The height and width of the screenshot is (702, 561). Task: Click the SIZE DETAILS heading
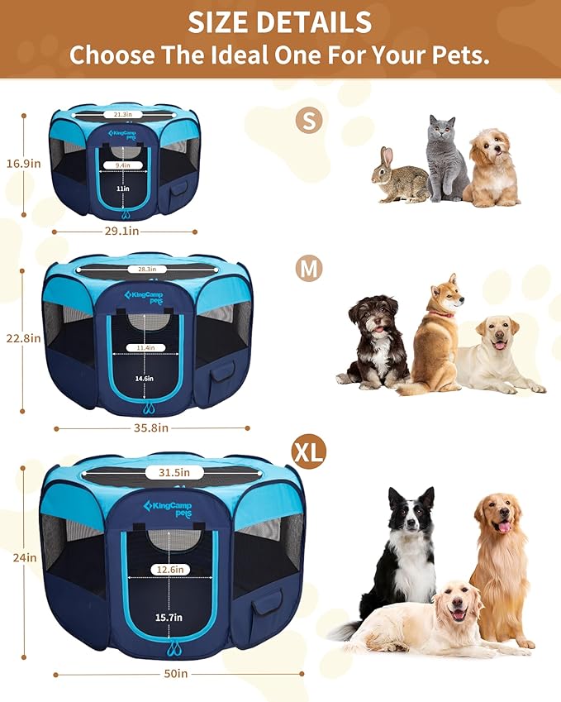click(x=280, y=21)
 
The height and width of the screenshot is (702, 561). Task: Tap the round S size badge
click(x=309, y=121)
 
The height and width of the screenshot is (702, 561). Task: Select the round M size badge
click(x=309, y=269)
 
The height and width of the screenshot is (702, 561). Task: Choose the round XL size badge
click(x=308, y=451)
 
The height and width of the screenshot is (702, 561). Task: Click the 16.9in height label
click(x=23, y=164)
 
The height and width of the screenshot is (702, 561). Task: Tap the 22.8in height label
click(x=22, y=337)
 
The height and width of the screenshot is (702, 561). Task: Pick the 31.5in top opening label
click(x=174, y=473)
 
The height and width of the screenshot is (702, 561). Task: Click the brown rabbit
click(x=398, y=178)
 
